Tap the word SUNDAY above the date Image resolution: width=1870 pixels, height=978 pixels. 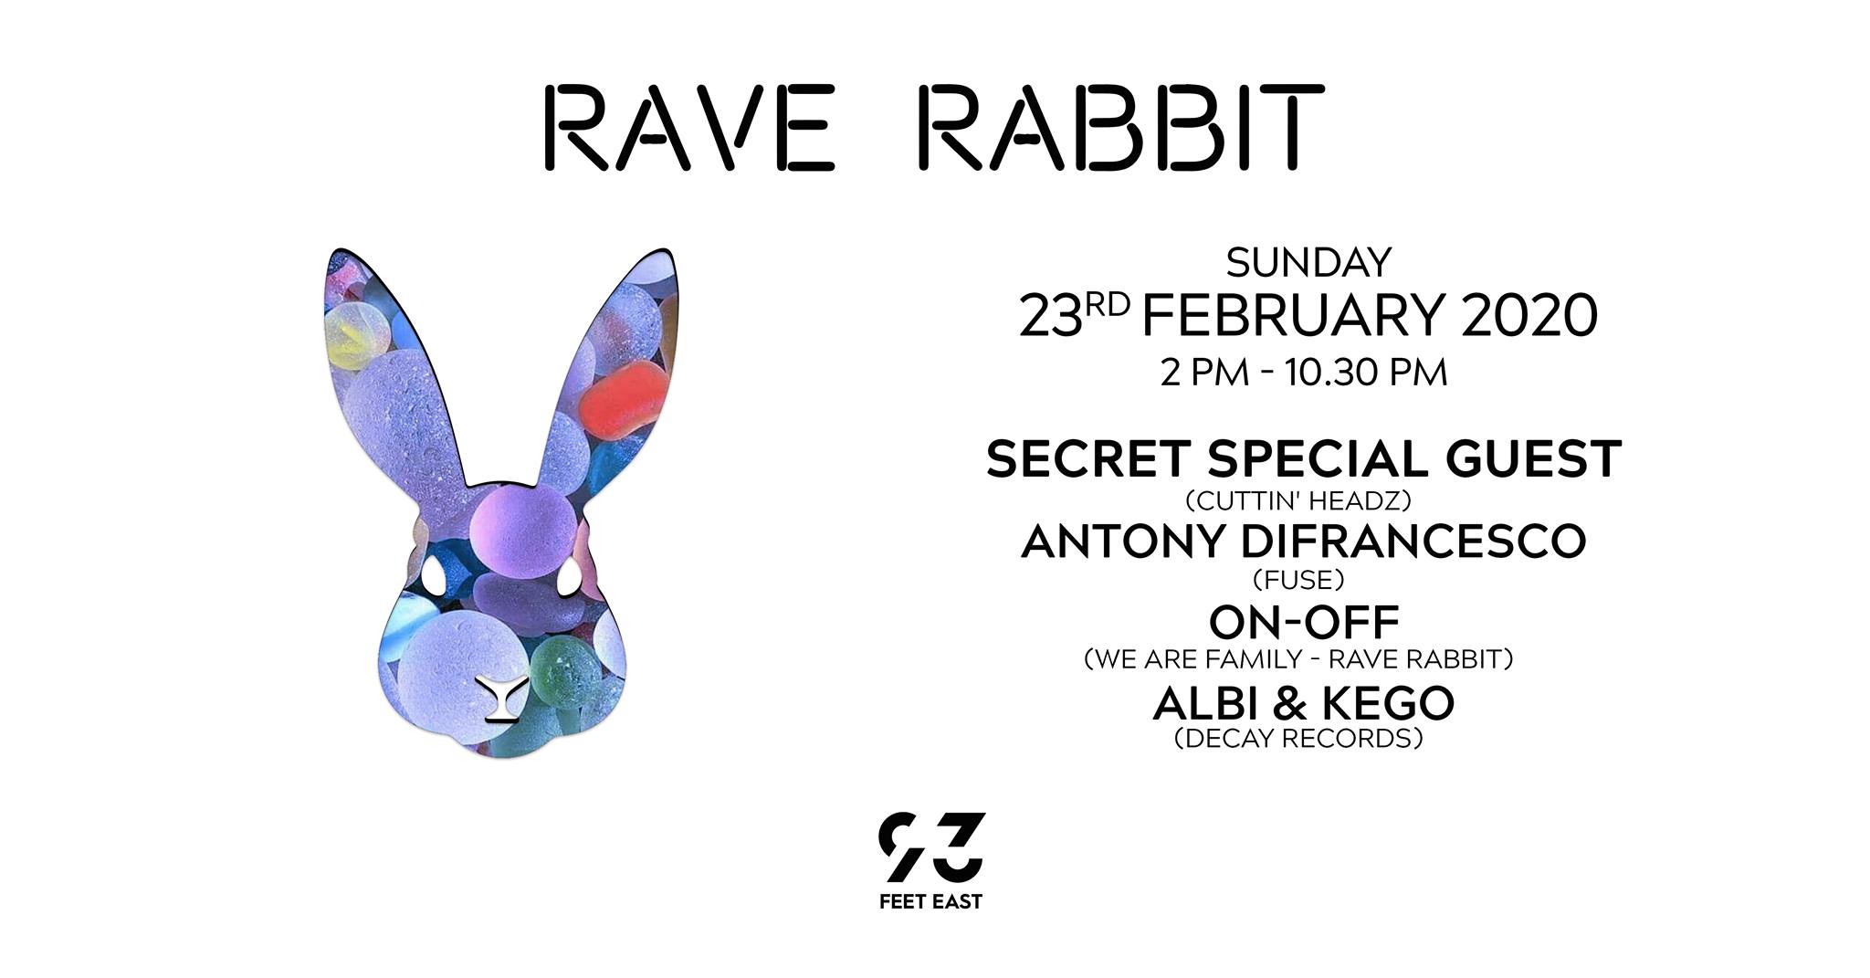click(x=1308, y=263)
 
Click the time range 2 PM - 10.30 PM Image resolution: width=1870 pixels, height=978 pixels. click(x=1304, y=373)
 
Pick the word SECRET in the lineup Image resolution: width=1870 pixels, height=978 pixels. click(x=1089, y=458)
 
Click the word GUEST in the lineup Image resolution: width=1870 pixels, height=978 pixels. click(x=1534, y=458)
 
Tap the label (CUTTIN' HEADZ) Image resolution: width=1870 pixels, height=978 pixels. click(x=1298, y=501)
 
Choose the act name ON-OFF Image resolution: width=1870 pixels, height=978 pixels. click(x=1304, y=623)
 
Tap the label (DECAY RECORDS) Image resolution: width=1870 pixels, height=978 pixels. click(x=1298, y=738)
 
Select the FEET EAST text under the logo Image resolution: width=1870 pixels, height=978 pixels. click(x=930, y=902)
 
